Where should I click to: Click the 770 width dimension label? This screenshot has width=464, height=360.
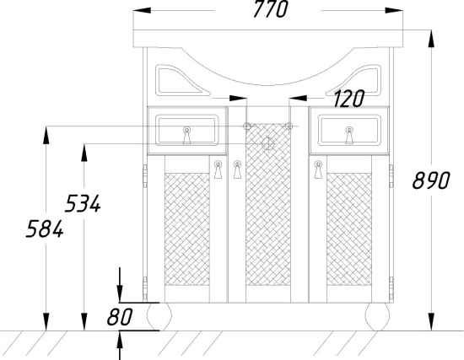point(271,9)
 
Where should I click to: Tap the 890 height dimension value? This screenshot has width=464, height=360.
point(431,180)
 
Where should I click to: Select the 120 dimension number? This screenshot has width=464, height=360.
point(348,99)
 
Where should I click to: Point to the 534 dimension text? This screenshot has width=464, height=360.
point(83,203)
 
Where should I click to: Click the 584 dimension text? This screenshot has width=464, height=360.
point(45,228)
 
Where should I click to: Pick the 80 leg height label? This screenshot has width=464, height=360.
point(120,317)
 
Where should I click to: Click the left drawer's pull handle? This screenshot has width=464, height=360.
point(186,135)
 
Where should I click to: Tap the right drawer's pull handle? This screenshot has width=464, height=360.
point(349,135)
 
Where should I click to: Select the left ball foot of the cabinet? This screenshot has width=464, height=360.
point(159,316)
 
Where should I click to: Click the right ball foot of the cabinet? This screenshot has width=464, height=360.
point(377,316)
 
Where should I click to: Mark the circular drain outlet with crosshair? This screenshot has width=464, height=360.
point(267,143)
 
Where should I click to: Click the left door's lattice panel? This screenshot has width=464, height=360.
point(186,229)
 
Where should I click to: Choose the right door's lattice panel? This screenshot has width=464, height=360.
point(349,229)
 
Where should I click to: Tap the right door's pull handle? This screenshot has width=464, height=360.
point(318,169)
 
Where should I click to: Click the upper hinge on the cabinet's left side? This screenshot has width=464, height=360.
point(145,176)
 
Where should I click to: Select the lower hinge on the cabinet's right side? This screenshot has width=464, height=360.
point(391,288)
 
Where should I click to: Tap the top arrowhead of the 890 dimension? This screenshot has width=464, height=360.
point(431,39)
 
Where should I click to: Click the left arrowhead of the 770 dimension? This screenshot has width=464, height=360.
point(142,11)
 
